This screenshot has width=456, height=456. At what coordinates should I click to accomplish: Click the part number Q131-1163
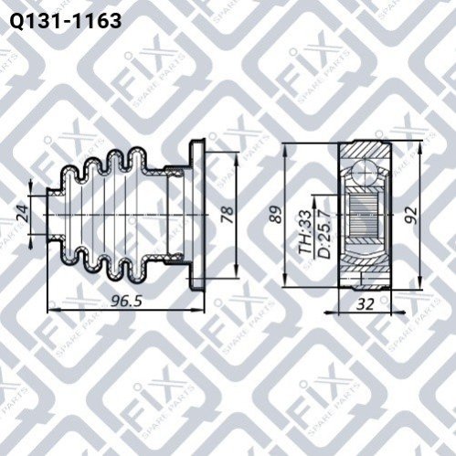click(66, 21)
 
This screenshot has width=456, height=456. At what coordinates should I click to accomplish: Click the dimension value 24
click(22, 214)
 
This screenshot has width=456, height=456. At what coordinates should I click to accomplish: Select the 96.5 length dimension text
click(126, 302)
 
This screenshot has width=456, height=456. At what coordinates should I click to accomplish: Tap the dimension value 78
click(228, 215)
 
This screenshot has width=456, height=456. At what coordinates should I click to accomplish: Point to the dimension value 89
click(277, 215)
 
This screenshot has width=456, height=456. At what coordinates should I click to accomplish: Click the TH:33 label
click(305, 232)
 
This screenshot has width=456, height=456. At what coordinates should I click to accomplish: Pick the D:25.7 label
click(323, 233)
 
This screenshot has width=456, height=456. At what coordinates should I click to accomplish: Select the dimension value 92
click(411, 215)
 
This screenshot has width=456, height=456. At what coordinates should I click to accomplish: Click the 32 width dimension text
click(365, 303)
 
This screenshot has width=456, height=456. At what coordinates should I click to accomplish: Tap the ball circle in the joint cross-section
click(365, 172)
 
